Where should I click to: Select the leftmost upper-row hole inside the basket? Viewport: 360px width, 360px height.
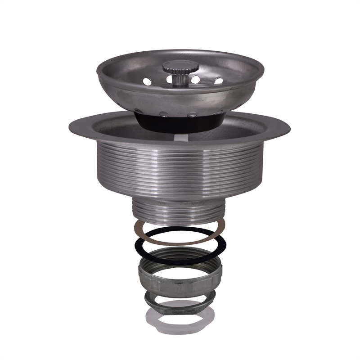(x=147, y=82)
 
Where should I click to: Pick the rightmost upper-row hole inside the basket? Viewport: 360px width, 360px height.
(x=218, y=81)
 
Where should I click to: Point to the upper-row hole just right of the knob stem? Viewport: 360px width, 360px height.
(x=196, y=80)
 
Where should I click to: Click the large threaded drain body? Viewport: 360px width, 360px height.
(x=180, y=166)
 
